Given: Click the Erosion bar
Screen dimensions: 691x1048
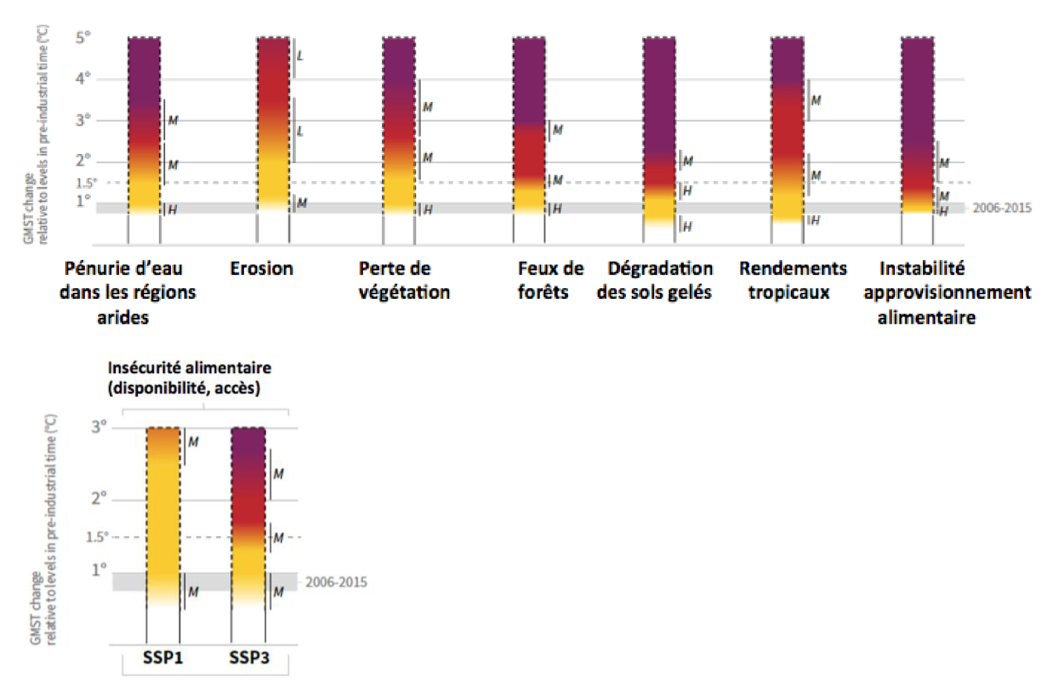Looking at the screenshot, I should (273, 125).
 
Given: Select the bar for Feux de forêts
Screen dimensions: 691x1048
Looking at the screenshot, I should (529, 125).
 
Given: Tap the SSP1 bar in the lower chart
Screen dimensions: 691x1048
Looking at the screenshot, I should (163, 517).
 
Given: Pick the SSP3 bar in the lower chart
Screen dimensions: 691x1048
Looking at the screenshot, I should (249, 517).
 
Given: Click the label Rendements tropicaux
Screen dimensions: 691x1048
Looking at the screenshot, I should (792, 280).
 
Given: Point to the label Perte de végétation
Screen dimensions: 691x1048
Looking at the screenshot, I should (404, 280).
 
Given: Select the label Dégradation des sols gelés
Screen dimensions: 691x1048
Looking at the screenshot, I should (654, 280).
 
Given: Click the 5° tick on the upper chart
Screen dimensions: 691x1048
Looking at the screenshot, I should (83, 38).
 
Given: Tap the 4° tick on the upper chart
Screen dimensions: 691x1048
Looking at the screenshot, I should (83, 79).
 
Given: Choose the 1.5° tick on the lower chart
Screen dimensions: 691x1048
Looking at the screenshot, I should (97, 537).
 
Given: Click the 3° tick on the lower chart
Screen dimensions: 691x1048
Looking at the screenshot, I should (99, 427).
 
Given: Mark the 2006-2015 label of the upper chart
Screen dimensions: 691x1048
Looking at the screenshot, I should (1001, 208).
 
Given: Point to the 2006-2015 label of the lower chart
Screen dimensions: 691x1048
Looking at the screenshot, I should (336, 582).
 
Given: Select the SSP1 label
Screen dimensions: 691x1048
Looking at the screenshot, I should (163, 657).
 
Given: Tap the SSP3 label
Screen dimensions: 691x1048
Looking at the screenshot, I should (249, 657).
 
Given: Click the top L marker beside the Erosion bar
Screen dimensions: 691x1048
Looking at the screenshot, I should (300, 56).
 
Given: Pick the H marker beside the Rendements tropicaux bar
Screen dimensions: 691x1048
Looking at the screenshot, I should (815, 220).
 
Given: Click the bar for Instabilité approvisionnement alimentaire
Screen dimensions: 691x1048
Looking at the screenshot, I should (917, 125).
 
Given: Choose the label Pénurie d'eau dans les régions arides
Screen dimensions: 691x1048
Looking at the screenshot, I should (127, 292).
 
